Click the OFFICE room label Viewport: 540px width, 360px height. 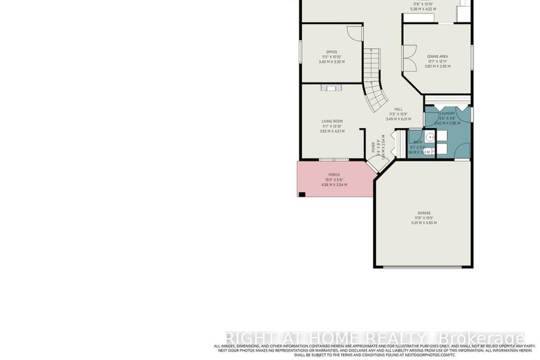(332, 52)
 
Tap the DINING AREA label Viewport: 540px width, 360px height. (437, 56)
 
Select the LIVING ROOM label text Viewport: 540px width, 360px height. (332, 121)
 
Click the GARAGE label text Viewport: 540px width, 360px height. (423, 213)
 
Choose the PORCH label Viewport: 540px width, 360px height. (334, 174)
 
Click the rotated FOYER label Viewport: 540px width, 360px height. (374, 149)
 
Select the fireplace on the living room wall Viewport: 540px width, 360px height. (329, 87)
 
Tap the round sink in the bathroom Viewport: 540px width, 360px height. (430, 138)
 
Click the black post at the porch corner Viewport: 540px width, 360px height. (301, 194)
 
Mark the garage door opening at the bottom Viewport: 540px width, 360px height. (423, 267)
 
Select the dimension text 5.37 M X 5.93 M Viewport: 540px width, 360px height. (423, 223)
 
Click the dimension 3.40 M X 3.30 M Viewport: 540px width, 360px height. (332, 62)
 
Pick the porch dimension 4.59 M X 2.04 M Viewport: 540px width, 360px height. (334, 185)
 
